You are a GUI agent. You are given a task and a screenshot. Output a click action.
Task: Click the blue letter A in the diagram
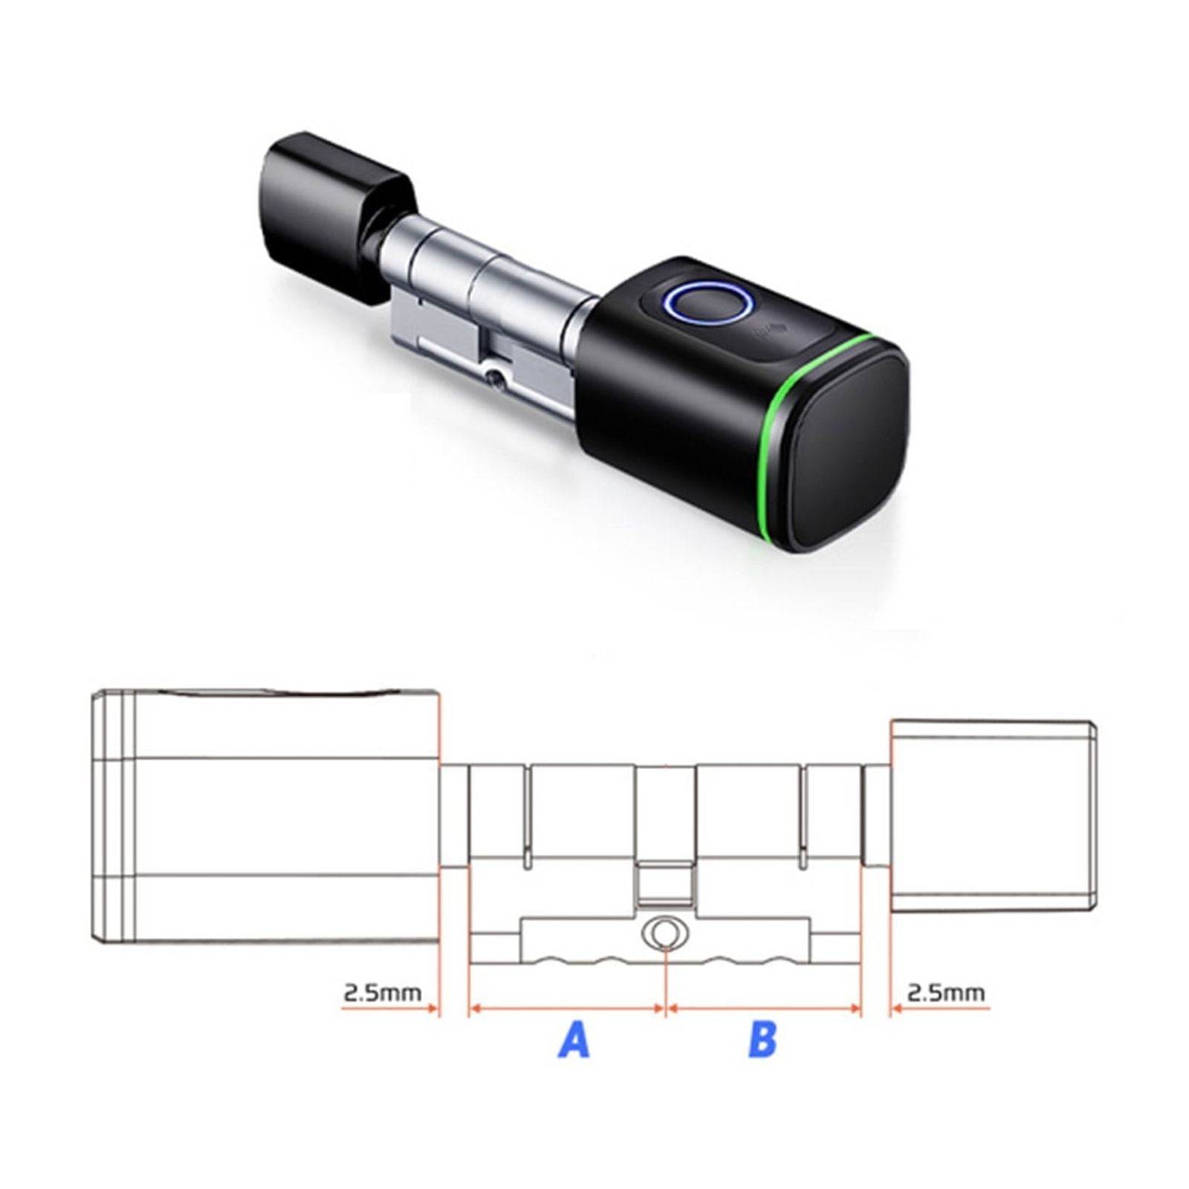click(x=574, y=1040)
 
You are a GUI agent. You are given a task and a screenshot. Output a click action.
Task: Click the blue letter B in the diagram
click(x=762, y=1040)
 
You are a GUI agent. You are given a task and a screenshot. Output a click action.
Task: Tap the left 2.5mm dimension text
click(x=382, y=992)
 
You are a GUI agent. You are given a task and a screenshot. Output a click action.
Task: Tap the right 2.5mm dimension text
click(x=947, y=992)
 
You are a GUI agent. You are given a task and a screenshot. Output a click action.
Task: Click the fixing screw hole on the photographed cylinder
click(x=495, y=379)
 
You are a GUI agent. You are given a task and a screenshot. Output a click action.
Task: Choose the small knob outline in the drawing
click(x=992, y=817)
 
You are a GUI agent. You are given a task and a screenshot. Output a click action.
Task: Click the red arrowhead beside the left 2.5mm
click(x=432, y=1008)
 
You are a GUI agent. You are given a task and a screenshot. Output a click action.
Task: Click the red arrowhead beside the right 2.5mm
click(x=896, y=1008)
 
